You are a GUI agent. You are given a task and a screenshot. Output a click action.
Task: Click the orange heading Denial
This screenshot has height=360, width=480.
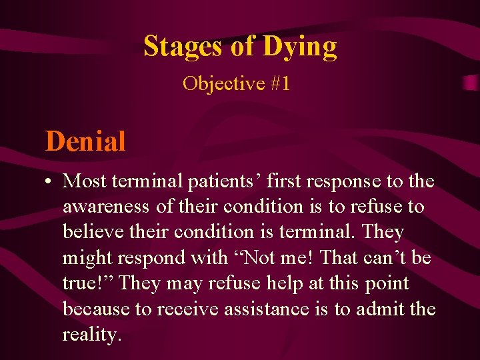point(85,141)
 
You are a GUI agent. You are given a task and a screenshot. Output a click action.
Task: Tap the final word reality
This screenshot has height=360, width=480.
point(92,335)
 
